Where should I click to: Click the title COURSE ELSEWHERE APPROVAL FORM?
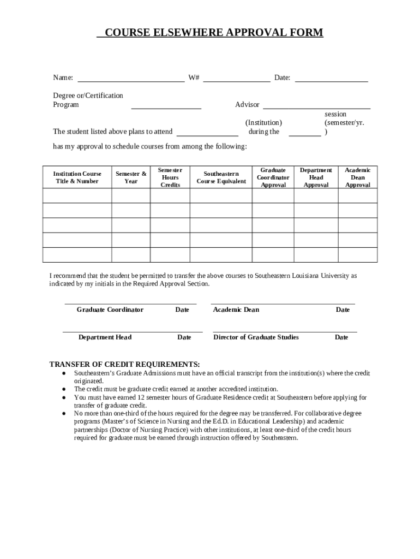(x=210, y=33)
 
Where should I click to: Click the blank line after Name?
(x=131, y=78)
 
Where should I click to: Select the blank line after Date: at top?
(x=331, y=78)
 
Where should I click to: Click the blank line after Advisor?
(x=316, y=105)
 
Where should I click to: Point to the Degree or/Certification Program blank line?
(x=166, y=105)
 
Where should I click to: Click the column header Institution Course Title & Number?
(x=77, y=177)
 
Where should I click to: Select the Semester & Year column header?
(x=131, y=177)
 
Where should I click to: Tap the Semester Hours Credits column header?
(x=170, y=177)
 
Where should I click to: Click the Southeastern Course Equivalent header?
(x=221, y=177)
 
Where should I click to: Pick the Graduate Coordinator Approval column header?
(x=273, y=177)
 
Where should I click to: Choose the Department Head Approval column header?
(x=316, y=177)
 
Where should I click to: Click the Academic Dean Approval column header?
(x=358, y=177)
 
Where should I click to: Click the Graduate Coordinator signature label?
(x=110, y=310)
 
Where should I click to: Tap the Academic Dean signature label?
(x=236, y=310)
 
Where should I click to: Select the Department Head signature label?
(x=105, y=337)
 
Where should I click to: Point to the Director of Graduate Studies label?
(x=256, y=337)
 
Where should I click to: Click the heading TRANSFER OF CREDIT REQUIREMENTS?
(x=125, y=364)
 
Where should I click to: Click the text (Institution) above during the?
(x=263, y=122)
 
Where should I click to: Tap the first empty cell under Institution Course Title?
(x=77, y=195)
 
